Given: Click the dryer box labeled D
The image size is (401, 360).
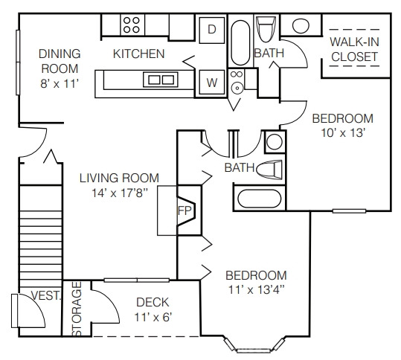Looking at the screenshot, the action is click(x=212, y=30).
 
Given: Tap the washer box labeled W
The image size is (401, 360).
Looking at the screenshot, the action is click(x=212, y=83).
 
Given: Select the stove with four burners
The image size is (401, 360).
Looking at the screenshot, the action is click(x=132, y=25).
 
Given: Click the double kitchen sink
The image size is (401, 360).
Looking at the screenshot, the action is click(x=161, y=80).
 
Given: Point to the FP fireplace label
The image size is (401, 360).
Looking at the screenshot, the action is click(x=185, y=210).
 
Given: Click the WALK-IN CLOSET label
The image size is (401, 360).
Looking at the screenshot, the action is click(x=354, y=49).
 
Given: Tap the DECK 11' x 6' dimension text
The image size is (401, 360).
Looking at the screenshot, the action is click(x=153, y=318).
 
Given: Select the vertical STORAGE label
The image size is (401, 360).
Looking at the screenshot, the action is click(x=77, y=309).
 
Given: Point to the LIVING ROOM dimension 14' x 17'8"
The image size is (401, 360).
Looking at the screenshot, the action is click(x=120, y=193).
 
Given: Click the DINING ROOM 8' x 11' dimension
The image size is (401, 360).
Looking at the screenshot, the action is click(x=59, y=83).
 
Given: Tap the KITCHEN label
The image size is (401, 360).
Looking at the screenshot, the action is click(x=139, y=54).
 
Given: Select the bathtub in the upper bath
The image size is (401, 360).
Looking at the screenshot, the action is click(x=240, y=42).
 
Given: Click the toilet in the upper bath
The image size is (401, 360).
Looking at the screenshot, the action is click(x=266, y=29).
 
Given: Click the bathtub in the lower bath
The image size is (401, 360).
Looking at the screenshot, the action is click(x=260, y=199).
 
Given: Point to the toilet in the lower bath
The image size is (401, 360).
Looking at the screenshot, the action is click(x=269, y=169).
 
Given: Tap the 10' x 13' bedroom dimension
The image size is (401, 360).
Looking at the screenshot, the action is click(x=343, y=132).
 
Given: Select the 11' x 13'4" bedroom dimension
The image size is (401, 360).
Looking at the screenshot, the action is click(x=257, y=290).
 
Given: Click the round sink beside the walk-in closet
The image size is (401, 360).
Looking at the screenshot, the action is click(x=301, y=25).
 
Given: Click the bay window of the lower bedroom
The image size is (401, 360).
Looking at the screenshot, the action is click(x=254, y=347).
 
